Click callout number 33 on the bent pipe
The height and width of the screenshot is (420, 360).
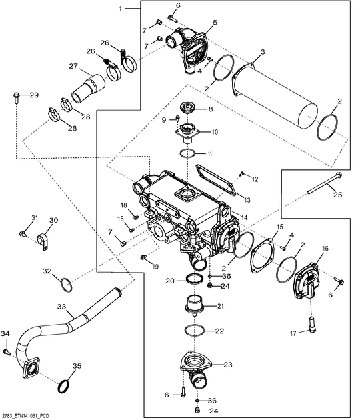tap(61, 307)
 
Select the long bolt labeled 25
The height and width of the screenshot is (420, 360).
tap(324, 183)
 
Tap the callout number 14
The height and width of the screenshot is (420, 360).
tap(244, 217)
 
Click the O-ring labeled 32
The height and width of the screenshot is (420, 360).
tap(66, 285)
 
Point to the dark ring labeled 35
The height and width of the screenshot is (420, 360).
tap(64, 387)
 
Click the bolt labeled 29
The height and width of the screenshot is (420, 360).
tap(17, 98)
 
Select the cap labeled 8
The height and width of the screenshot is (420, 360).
tap(187, 108)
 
